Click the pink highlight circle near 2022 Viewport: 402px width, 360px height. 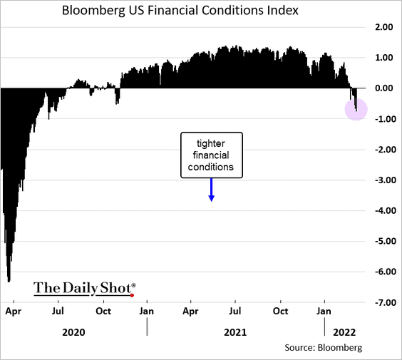click(x=356, y=109)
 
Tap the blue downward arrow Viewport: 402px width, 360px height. click(x=211, y=190)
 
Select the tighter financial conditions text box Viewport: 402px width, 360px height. click(x=211, y=155)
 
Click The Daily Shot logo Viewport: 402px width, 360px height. click(x=83, y=288)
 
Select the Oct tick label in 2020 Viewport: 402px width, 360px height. click(x=104, y=312)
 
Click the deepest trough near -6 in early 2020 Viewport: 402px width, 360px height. click(x=9, y=280)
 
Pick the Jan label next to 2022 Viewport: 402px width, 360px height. click(x=324, y=312)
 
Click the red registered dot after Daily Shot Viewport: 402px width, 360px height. click(x=133, y=294)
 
